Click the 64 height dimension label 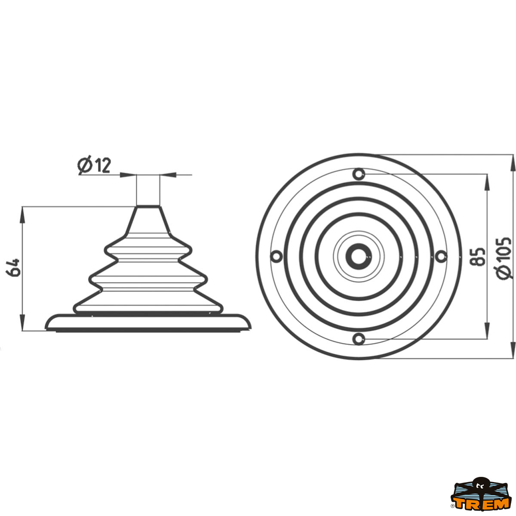coord(13,267)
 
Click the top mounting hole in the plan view coord(359,174)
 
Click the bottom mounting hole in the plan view coord(359,338)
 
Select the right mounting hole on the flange coord(441,256)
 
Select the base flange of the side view coord(147,322)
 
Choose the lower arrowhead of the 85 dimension coord(487,332)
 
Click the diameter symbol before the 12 coord(85,166)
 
